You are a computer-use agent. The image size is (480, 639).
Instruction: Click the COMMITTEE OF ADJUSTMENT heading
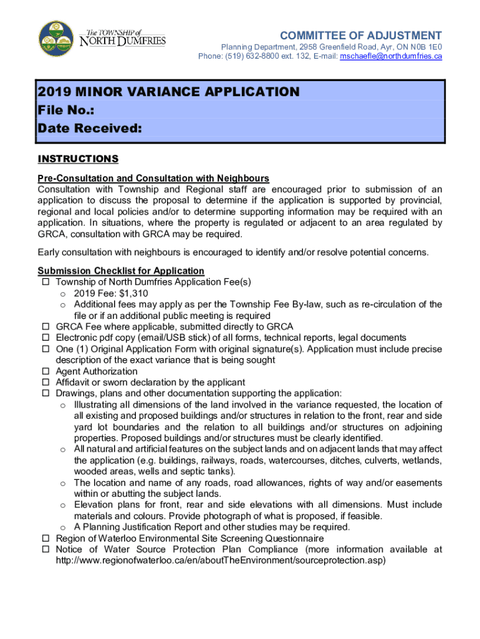tap(361, 36)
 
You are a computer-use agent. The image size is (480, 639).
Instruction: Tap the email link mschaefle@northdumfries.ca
tap(390, 56)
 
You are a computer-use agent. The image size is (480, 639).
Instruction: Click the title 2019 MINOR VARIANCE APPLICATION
tap(168, 92)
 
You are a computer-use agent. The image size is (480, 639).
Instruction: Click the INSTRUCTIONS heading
tap(78, 159)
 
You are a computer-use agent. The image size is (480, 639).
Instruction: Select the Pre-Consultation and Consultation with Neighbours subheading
tap(153, 178)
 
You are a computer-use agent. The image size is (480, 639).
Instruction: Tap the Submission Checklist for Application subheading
tap(121, 271)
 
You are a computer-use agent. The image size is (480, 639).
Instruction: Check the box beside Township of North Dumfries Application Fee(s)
tap(46, 282)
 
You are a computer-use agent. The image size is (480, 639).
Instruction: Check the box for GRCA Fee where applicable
tap(46, 327)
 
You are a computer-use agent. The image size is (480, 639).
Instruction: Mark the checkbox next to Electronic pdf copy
tap(46, 338)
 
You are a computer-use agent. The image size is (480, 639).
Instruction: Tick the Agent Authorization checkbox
tap(46, 371)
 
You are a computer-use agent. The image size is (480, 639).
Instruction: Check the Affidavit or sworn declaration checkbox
tap(46, 383)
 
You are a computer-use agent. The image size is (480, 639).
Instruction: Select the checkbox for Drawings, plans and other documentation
tap(46, 394)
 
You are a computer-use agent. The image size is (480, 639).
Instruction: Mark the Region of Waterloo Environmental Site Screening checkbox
tap(46, 539)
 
